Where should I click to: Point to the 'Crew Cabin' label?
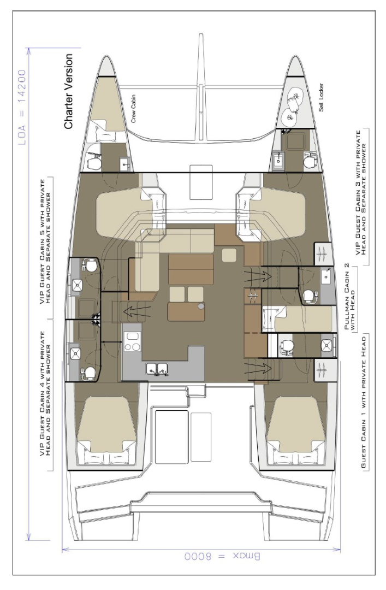point(138,109)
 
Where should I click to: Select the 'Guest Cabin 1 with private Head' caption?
point(363,413)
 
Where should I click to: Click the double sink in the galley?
point(155,370)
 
